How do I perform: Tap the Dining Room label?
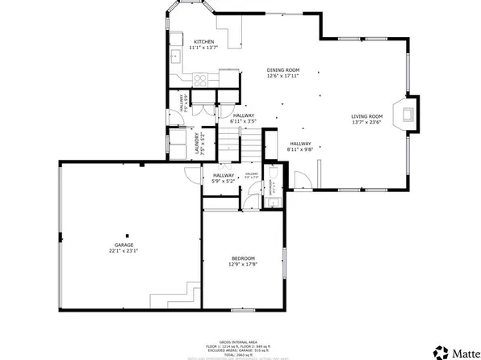pyautogui.click(x=283, y=70)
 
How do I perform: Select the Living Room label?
pyautogui.click(x=366, y=117)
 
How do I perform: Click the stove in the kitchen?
pyautogui.click(x=201, y=78)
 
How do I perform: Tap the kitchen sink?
pyautogui.click(x=175, y=56)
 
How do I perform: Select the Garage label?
pyautogui.click(x=123, y=245)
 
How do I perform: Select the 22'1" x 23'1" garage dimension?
pyautogui.click(x=123, y=250)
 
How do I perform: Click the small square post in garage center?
pyautogui.click(x=126, y=229)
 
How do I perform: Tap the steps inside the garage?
pyautogui.click(x=190, y=294)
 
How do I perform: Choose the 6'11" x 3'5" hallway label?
pyautogui.click(x=243, y=121)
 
